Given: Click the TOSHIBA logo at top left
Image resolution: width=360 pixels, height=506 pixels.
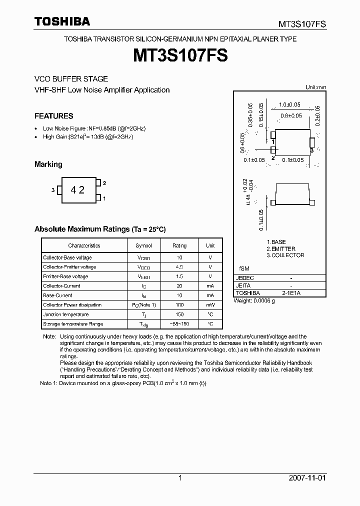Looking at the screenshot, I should [62, 21].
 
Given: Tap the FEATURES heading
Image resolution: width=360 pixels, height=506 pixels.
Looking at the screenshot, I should [53, 116].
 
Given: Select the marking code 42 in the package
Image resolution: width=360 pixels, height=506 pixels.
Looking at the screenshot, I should [77, 190].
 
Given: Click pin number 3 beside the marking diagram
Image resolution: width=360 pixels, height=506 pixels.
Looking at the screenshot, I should [52, 190].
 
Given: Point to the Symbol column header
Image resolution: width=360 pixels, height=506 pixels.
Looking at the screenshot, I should [143, 245].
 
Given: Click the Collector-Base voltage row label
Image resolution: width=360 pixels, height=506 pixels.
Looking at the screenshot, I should [67, 257].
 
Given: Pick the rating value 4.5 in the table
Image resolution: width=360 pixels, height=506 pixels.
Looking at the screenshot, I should [179, 267].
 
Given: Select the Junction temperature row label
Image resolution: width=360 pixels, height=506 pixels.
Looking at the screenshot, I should [65, 314].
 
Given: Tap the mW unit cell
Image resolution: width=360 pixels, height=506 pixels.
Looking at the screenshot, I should [210, 305].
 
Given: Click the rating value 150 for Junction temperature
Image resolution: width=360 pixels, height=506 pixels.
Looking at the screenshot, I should [179, 314].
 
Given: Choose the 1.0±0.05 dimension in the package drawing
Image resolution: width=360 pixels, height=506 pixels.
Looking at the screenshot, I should [289, 104].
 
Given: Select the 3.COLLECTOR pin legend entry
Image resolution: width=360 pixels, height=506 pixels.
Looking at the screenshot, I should [285, 255].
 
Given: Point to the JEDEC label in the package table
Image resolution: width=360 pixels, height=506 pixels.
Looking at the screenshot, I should [245, 278].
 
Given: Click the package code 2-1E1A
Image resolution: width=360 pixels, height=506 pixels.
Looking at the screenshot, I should [290, 293].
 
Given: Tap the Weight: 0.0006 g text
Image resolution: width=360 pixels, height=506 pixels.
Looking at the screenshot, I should [254, 301].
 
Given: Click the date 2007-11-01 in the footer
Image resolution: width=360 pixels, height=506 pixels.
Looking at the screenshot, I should [307, 478].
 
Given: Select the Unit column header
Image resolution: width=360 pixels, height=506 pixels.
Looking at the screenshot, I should [210, 245].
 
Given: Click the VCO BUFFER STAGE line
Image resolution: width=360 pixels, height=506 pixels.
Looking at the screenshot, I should [71, 79].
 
